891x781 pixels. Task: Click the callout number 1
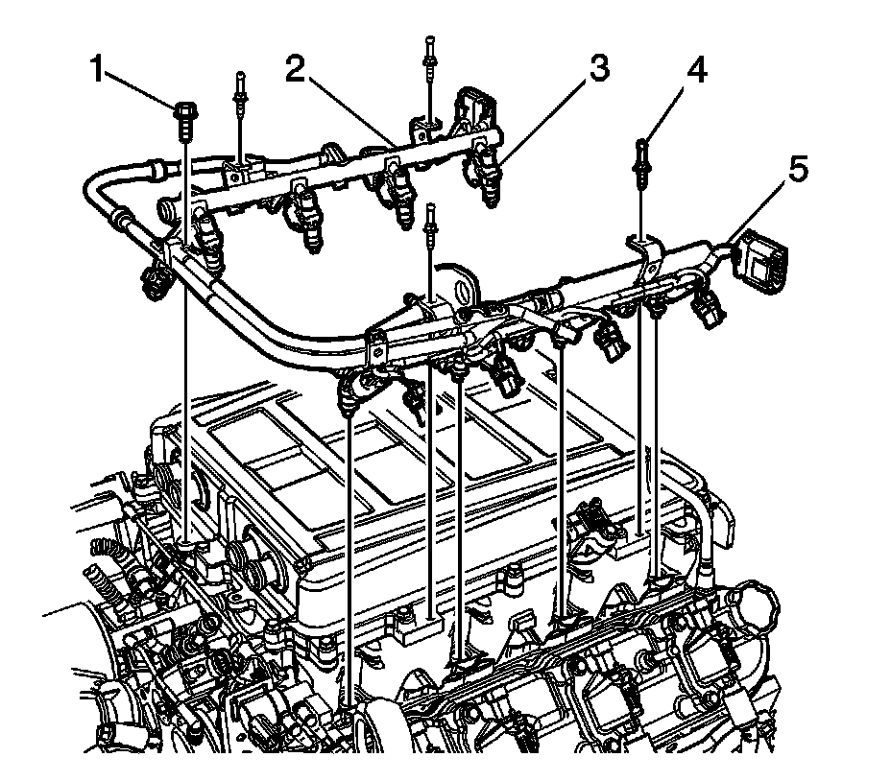coord(97,69)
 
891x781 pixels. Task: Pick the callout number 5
coord(796,170)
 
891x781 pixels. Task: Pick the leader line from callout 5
coord(759,207)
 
